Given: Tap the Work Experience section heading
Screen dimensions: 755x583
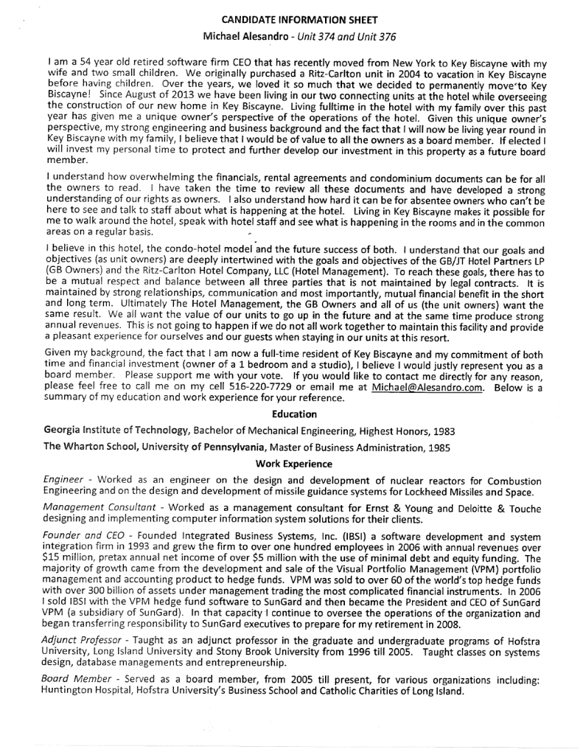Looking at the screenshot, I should [295, 464].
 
